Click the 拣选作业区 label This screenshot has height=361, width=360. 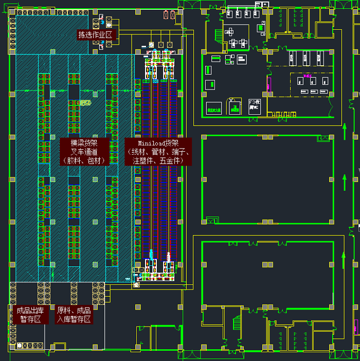tap(95, 35)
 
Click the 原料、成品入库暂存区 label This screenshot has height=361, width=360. tap(74, 315)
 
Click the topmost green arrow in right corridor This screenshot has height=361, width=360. tap(345, 132)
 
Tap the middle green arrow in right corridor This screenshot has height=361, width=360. tap(345, 182)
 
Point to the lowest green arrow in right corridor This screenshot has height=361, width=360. tap(345, 259)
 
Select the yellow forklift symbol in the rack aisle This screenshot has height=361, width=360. tap(85, 103)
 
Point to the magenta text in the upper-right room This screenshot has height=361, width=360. tap(309, 76)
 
